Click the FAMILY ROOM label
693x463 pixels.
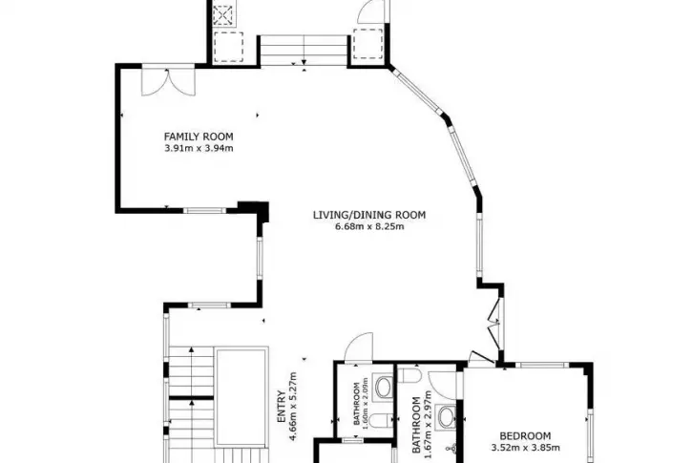[199, 137]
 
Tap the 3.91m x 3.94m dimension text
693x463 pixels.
[199, 148]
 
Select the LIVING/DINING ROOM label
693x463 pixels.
[369, 215]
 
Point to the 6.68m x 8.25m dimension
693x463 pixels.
[369, 227]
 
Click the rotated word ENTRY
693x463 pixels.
[281, 407]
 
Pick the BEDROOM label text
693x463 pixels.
[525, 436]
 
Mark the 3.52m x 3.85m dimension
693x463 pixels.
[526, 448]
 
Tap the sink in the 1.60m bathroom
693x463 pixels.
[383, 387]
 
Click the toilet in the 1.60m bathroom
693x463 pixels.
[380, 421]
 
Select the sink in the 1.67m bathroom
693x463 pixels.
[446, 416]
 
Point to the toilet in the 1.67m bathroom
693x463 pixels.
[409, 375]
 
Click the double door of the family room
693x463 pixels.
[168, 81]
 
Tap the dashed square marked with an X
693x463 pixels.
[223, 14]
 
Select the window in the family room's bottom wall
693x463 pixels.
[204, 210]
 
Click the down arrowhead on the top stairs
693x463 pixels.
[304, 62]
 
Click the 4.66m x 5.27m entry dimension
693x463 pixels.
[292, 408]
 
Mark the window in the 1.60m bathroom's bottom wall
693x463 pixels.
[352, 440]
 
